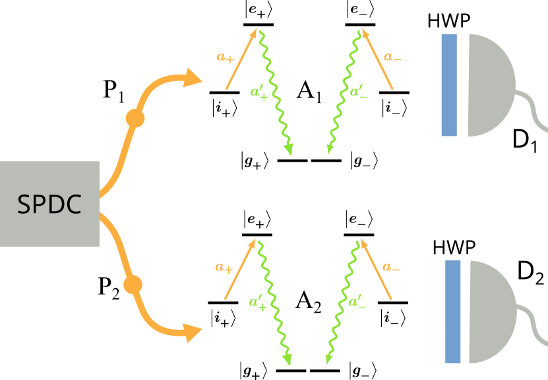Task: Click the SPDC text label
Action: point(49,205)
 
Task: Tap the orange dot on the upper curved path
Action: point(135,118)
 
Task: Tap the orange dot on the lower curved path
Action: point(133,284)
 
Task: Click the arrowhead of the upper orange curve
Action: point(193,78)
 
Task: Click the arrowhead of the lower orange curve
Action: point(193,332)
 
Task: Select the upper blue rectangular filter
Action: point(449,84)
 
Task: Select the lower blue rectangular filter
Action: point(453,311)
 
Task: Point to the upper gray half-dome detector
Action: point(489,84)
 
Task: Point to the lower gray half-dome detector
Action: point(491,311)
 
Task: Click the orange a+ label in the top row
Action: point(226,57)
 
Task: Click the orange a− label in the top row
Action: point(392,57)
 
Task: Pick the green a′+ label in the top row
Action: point(259,93)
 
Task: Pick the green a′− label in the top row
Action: point(359,92)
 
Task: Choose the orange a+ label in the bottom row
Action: point(224,268)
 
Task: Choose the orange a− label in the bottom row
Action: point(391,268)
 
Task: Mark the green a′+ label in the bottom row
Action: point(258,303)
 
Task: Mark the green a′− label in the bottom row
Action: point(357,302)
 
